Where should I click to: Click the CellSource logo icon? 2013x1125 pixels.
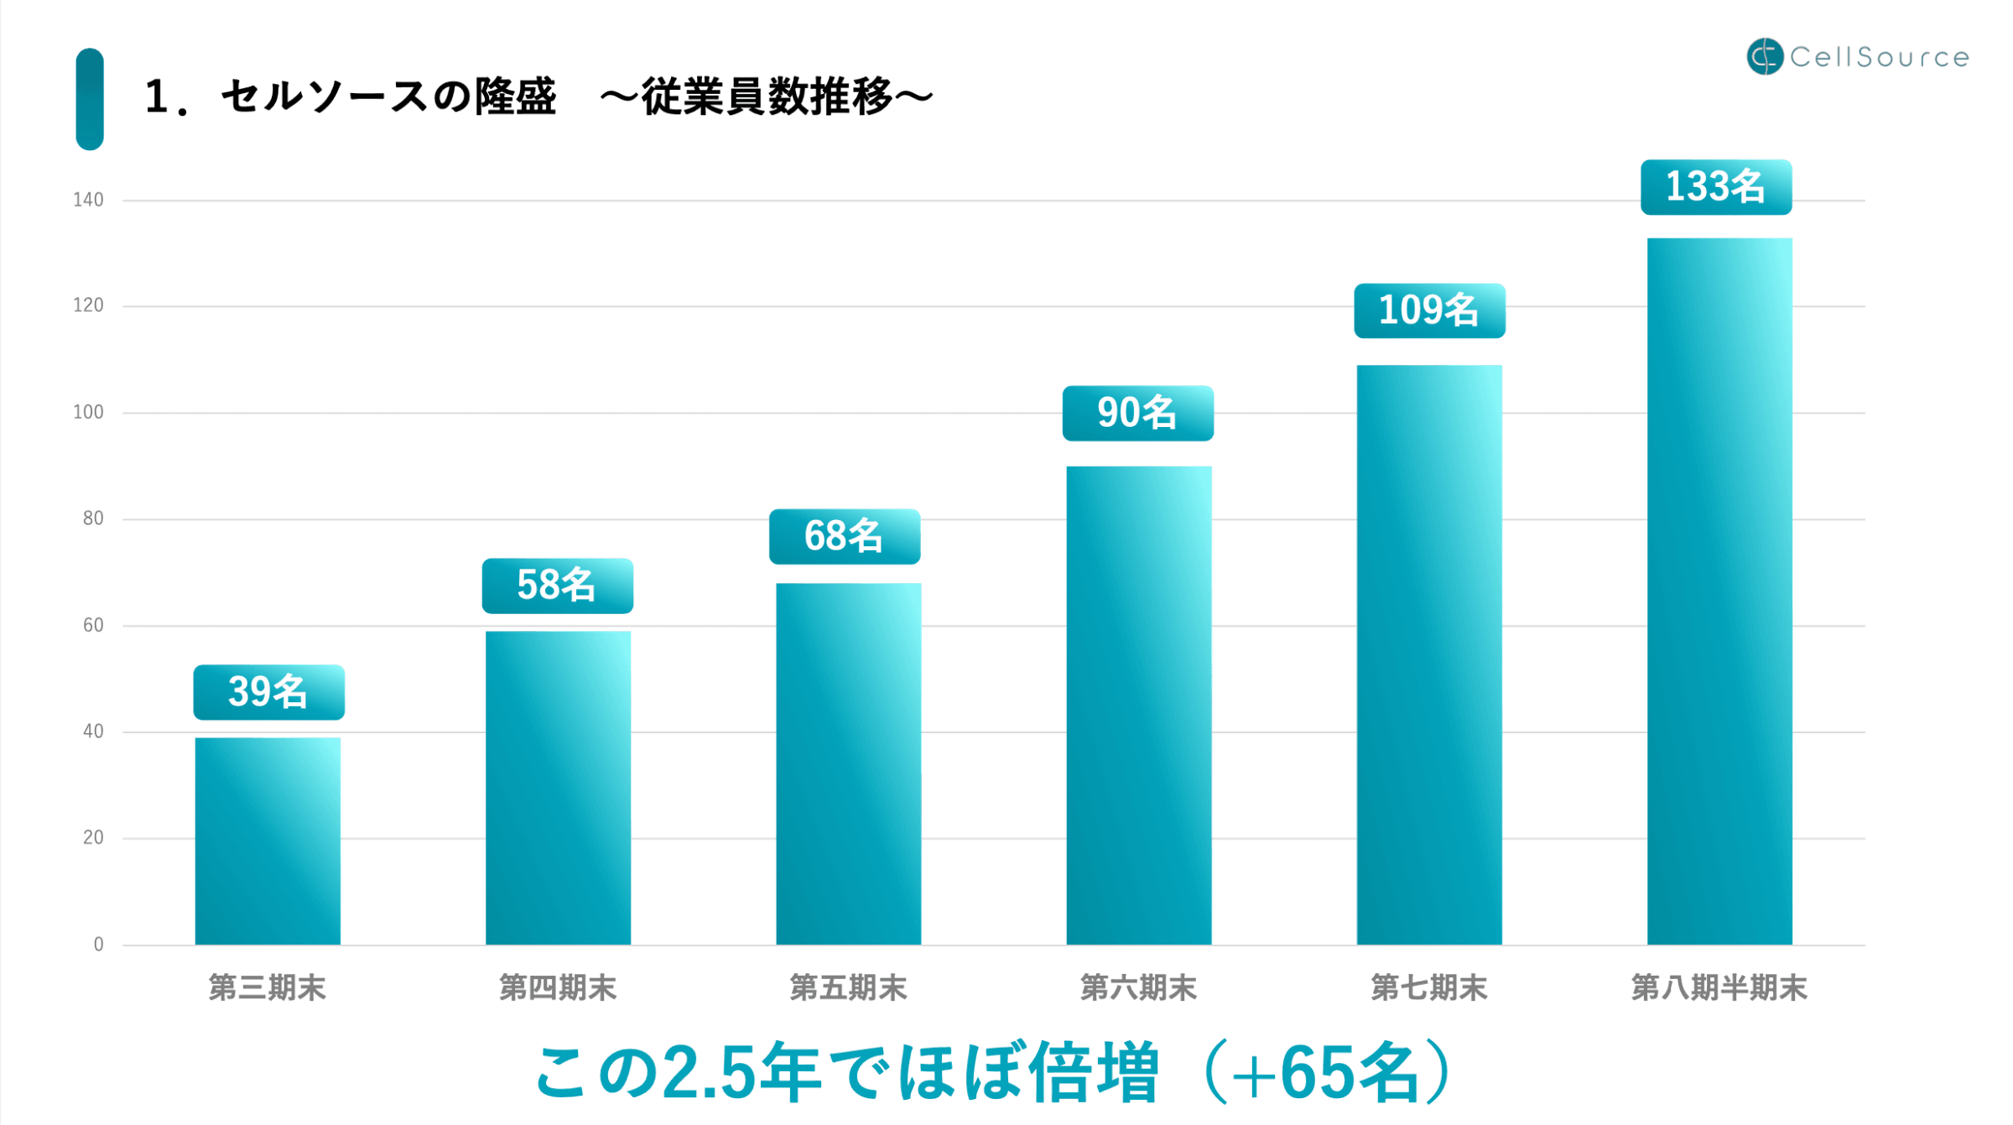coord(1764,56)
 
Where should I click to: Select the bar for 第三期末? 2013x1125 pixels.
coord(268,841)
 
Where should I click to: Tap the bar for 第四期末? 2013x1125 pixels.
coord(558,788)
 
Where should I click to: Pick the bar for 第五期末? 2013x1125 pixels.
coord(848,763)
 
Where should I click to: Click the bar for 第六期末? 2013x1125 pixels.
coord(1138,705)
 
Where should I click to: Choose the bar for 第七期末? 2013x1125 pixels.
coord(1428,654)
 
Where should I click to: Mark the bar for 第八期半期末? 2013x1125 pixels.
coord(1719,591)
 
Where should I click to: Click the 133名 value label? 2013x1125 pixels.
coord(1715,187)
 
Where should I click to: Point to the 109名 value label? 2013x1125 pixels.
coord(1428,310)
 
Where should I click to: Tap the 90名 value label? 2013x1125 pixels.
coord(1137,413)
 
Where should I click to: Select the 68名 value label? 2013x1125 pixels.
coord(844,536)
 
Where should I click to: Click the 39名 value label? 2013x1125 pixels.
coord(268,692)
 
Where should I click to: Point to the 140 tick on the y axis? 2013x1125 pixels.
coord(88,200)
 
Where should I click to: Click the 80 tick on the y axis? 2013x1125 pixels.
coord(92,518)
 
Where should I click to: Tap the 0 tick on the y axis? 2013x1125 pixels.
coord(98,945)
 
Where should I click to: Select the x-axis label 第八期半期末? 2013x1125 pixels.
coord(1719,988)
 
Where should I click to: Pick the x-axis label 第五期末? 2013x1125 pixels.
coord(848,988)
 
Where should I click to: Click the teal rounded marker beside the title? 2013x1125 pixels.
coord(90,99)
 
